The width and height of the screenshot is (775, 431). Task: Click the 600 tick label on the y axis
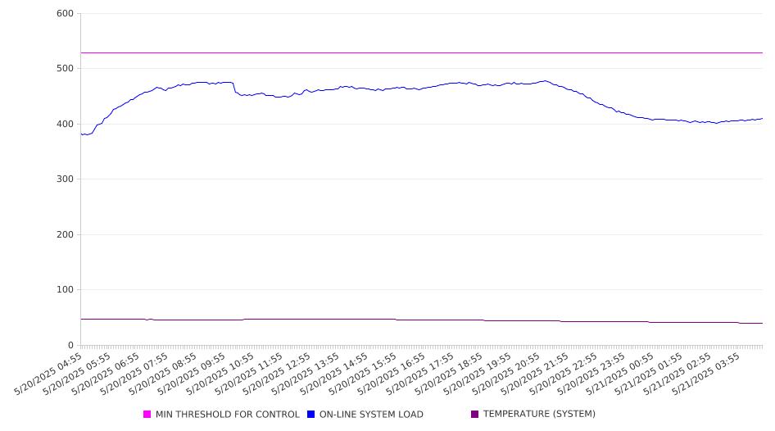[66, 13]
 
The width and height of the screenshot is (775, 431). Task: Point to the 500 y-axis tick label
[66, 68]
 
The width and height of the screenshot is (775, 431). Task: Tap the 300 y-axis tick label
[66, 179]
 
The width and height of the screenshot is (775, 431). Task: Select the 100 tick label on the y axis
[66, 289]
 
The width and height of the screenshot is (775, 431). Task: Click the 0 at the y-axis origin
[71, 345]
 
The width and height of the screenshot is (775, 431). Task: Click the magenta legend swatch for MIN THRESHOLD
[147, 414]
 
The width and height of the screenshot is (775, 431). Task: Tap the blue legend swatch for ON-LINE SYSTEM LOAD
[310, 414]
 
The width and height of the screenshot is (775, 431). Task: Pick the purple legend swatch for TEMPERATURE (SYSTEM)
[475, 414]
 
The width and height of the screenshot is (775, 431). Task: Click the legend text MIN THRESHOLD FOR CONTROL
[228, 414]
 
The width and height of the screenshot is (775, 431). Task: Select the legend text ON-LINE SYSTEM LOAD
[371, 414]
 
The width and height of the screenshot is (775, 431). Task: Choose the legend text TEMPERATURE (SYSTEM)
[539, 414]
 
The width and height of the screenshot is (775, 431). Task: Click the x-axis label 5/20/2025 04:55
[48, 374]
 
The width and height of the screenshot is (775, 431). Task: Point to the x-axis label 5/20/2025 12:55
[278, 374]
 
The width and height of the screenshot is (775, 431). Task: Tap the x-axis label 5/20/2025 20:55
[506, 374]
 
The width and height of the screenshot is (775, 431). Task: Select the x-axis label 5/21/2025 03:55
[707, 374]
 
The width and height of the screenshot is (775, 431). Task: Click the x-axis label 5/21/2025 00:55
[621, 374]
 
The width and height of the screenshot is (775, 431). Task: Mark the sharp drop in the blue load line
[234, 88]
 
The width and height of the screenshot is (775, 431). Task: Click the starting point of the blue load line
[81, 134]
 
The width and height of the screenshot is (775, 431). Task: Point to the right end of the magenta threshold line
[763, 53]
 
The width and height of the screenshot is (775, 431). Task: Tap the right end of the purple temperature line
[763, 323]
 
